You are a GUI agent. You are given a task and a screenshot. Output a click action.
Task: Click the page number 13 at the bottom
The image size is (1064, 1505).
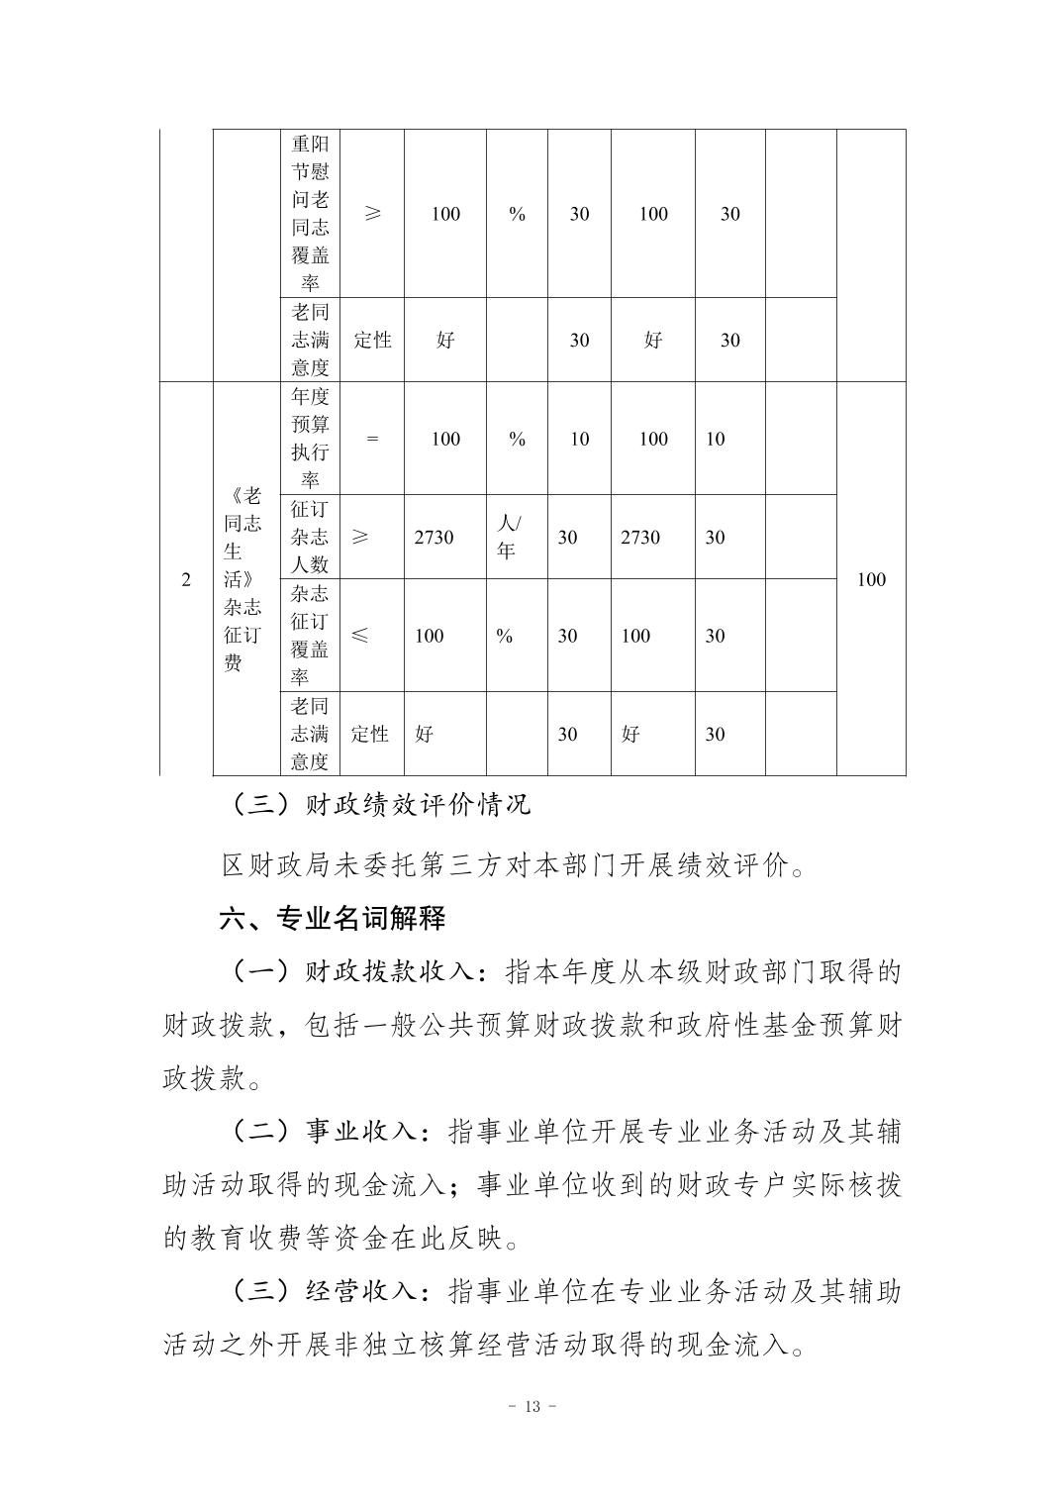(532, 1407)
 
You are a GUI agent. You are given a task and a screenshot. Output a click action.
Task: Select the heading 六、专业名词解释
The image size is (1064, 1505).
(332, 918)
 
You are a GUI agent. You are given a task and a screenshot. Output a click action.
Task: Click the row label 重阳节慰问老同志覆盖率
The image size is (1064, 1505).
(310, 213)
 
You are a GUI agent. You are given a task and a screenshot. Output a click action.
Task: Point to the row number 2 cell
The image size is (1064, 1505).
(186, 579)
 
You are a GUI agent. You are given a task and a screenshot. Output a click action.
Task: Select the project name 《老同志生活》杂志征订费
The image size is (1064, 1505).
(242, 579)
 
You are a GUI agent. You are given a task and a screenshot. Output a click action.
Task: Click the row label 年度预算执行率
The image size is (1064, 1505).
(310, 439)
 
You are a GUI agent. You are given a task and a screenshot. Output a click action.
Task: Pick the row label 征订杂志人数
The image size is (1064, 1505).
(310, 537)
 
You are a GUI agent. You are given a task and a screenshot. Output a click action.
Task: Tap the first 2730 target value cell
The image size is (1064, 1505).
(434, 537)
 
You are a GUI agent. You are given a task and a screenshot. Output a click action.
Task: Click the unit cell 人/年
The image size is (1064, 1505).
(507, 537)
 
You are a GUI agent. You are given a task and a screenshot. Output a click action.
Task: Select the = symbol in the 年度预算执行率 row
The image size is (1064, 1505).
(372, 439)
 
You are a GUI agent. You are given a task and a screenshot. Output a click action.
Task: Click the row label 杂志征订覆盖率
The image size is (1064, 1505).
(310, 636)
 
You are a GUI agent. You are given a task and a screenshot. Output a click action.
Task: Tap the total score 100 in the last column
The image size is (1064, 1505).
(870, 579)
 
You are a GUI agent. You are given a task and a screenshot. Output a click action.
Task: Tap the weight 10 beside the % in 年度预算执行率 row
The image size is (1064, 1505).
(579, 439)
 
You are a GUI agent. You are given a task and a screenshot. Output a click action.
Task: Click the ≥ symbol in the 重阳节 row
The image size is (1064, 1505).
(372, 213)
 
